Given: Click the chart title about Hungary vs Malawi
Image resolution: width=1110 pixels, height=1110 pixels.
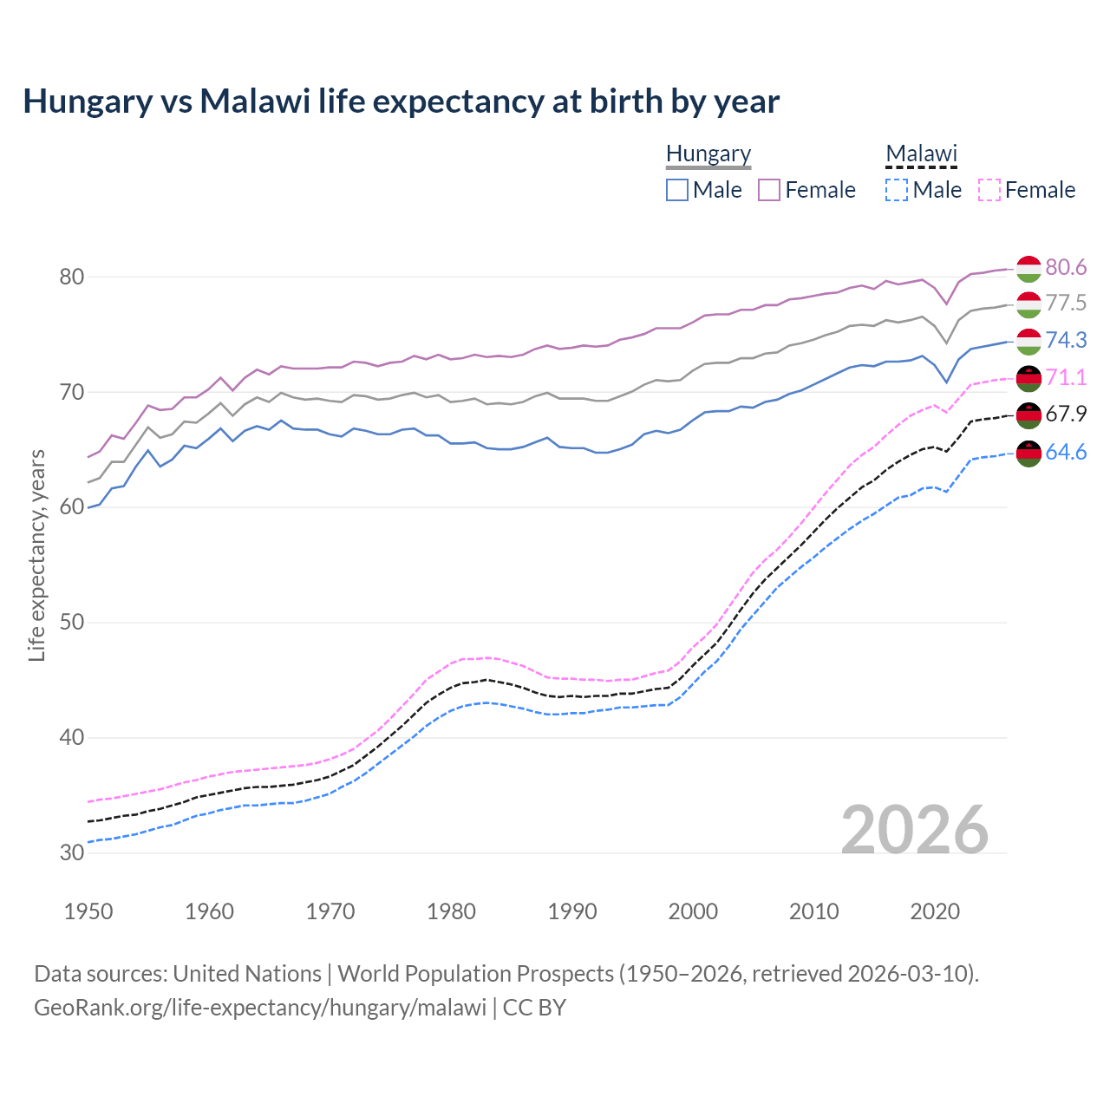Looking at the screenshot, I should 401,101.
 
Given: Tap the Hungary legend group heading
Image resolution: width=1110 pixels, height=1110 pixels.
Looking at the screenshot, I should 708,153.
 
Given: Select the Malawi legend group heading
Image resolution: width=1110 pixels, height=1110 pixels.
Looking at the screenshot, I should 921,153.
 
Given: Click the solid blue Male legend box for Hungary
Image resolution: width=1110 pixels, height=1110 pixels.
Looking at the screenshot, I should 677,190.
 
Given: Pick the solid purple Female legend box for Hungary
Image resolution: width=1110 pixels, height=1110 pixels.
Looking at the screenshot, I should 769,190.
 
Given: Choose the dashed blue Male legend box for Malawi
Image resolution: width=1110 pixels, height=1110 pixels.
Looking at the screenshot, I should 897,190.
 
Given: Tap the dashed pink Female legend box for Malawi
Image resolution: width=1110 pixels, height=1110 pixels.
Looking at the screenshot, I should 989,190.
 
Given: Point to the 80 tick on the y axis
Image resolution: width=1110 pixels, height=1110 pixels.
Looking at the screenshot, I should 71,277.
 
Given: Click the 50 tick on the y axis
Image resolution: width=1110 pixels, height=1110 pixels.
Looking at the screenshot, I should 71,623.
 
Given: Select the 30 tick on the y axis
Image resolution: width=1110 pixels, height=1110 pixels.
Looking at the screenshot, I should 71,853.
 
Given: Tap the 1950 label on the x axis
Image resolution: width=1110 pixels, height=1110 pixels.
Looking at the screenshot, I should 88,911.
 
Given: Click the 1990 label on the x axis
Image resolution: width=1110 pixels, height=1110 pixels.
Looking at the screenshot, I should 572,911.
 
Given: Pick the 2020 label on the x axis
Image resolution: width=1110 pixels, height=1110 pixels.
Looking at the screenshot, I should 935,911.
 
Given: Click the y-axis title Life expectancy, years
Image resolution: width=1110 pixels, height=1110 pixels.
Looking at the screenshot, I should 37,555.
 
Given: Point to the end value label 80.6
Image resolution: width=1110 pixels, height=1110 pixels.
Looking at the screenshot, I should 1066,267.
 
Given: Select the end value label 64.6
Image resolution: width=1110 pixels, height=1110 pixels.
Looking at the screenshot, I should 1066,452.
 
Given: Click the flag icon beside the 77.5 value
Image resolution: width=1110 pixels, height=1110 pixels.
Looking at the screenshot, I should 1028,304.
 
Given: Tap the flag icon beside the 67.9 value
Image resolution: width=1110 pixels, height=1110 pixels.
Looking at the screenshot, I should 1028,415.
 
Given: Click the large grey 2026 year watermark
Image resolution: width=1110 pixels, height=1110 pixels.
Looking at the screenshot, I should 915,830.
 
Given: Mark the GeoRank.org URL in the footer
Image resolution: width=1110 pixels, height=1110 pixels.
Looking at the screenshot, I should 260,1008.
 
